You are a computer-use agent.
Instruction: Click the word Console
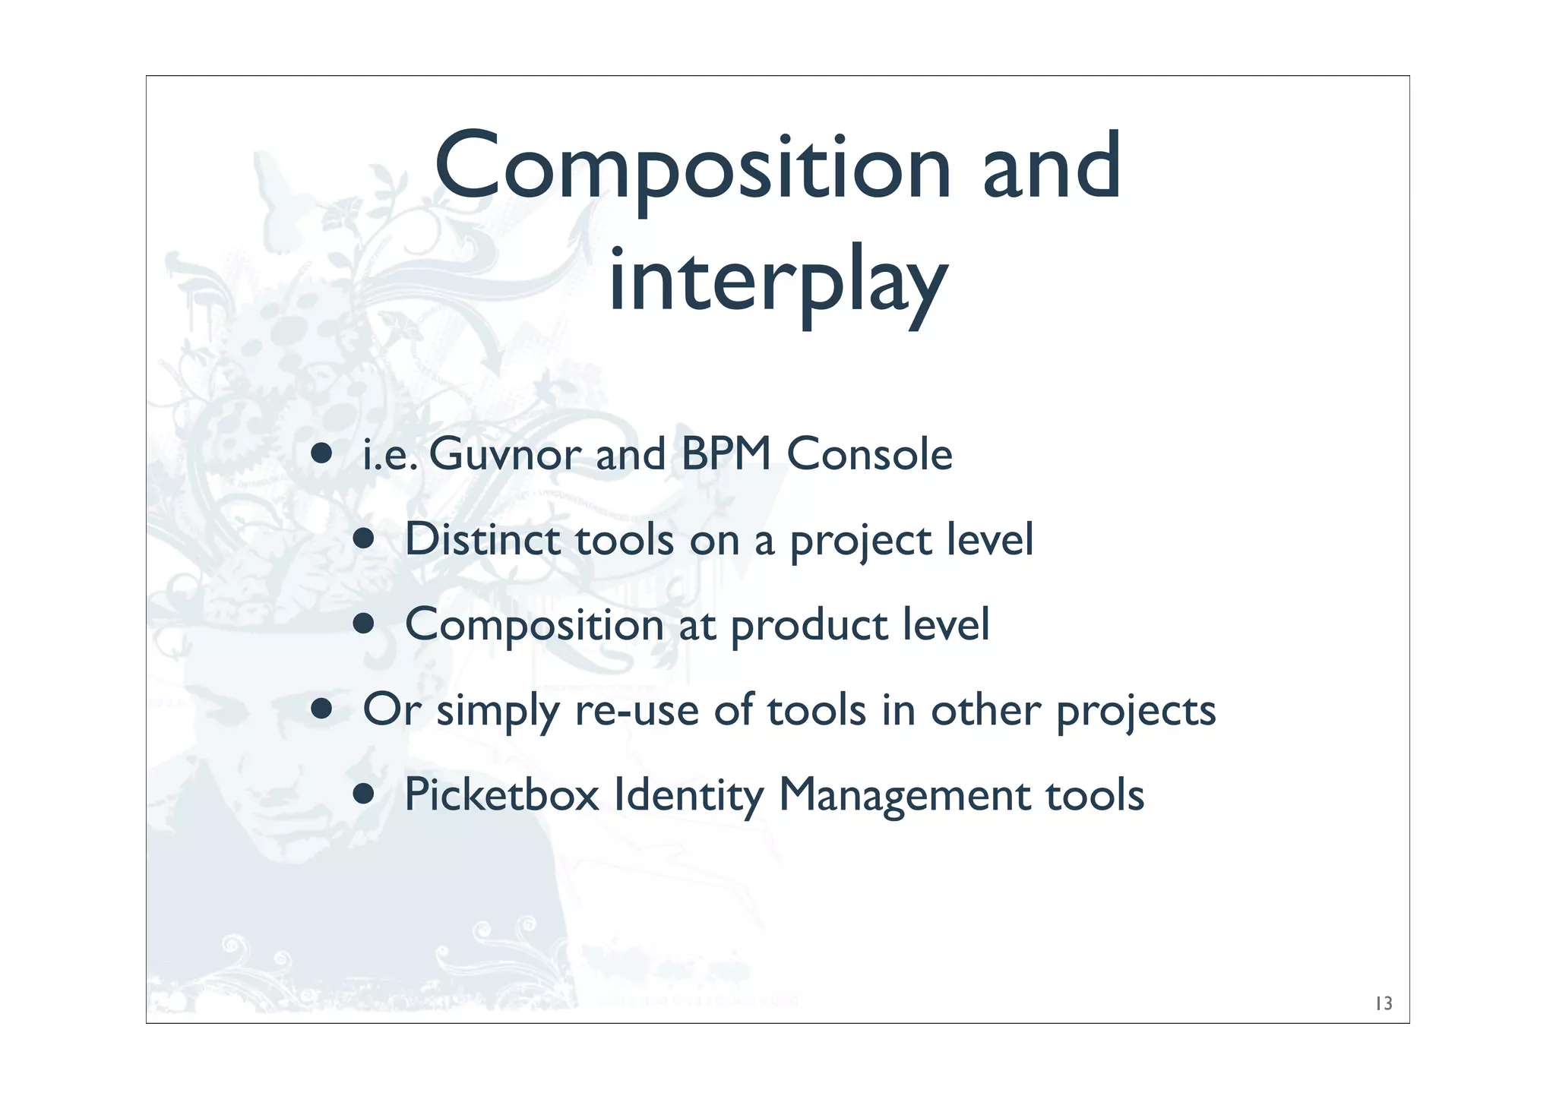pos(869,455)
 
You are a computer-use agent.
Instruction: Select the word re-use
pos(637,711)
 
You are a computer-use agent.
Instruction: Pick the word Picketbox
pos(501,795)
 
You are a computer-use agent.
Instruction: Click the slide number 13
pos(1384,1004)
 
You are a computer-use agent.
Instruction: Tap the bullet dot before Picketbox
pos(364,794)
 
